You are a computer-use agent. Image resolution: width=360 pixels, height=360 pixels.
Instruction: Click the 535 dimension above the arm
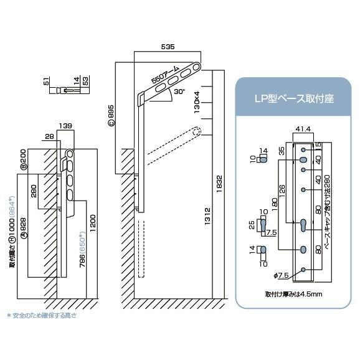click(168, 47)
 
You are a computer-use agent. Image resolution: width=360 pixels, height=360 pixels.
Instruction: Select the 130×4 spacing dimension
click(197, 106)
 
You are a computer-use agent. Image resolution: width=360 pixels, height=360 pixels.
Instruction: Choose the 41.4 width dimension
click(303, 129)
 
